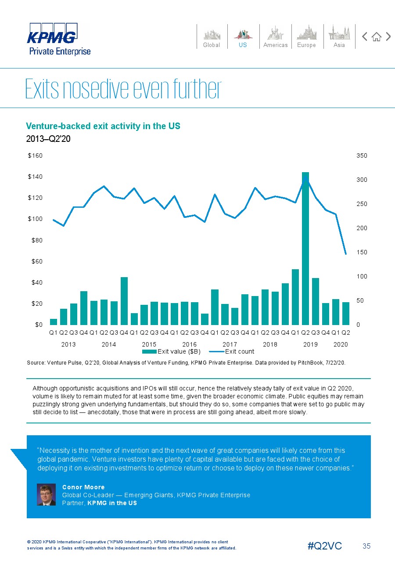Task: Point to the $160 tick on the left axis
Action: point(35,155)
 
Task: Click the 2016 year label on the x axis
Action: point(190,344)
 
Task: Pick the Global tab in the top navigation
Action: point(212,37)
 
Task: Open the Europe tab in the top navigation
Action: point(306,37)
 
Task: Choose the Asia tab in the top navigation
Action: point(339,37)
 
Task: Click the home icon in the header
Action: point(376,37)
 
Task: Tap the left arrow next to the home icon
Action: point(364,37)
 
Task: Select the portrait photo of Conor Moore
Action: point(46,495)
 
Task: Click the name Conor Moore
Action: point(83,487)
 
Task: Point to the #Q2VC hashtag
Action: point(325,546)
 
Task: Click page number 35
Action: point(366,546)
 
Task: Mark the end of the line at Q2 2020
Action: point(346,254)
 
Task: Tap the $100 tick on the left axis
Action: point(35,219)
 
